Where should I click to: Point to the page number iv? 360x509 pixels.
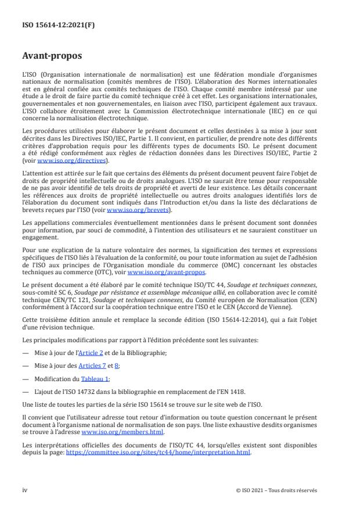point(25,490)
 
